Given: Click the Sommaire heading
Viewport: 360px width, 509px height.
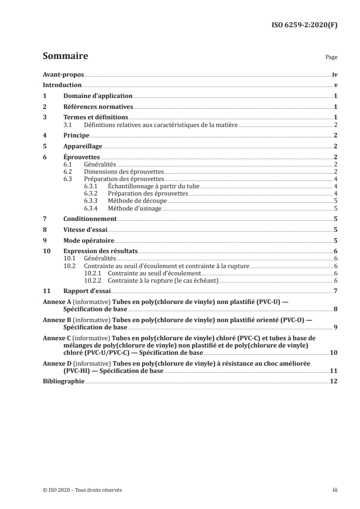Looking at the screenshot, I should [65, 57].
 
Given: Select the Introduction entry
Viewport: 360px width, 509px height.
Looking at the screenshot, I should [62, 85].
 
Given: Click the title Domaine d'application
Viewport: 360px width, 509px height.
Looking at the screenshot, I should [98, 96].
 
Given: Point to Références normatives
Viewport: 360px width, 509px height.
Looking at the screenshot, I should [98, 107].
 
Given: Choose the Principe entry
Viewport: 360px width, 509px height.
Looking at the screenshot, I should [76, 135].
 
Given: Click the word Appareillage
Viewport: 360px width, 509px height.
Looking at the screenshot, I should [83, 146].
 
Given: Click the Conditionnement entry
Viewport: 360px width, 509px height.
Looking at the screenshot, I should [90, 219].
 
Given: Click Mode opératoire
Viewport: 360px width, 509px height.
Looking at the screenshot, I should [89, 240].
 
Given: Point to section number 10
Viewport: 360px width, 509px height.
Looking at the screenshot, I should [46, 251].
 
